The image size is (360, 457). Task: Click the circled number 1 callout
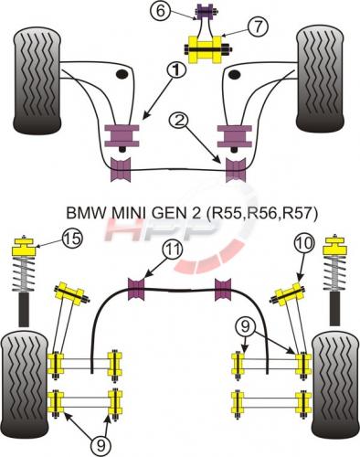[175, 70]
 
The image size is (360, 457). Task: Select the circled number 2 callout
[180, 122]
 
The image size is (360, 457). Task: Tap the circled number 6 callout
[160, 11]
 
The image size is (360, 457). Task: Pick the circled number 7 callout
[258, 27]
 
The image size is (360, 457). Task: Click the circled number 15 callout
[72, 238]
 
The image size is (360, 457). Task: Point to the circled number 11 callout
[172, 250]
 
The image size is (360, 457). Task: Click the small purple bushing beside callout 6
[205, 12]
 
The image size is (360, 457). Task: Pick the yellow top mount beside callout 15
[24, 247]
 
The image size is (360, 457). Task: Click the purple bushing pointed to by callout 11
[135, 289]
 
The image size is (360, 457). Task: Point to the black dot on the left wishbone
[122, 74]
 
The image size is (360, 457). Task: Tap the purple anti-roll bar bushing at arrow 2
[236, 169]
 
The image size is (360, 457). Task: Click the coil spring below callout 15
[24, 273]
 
